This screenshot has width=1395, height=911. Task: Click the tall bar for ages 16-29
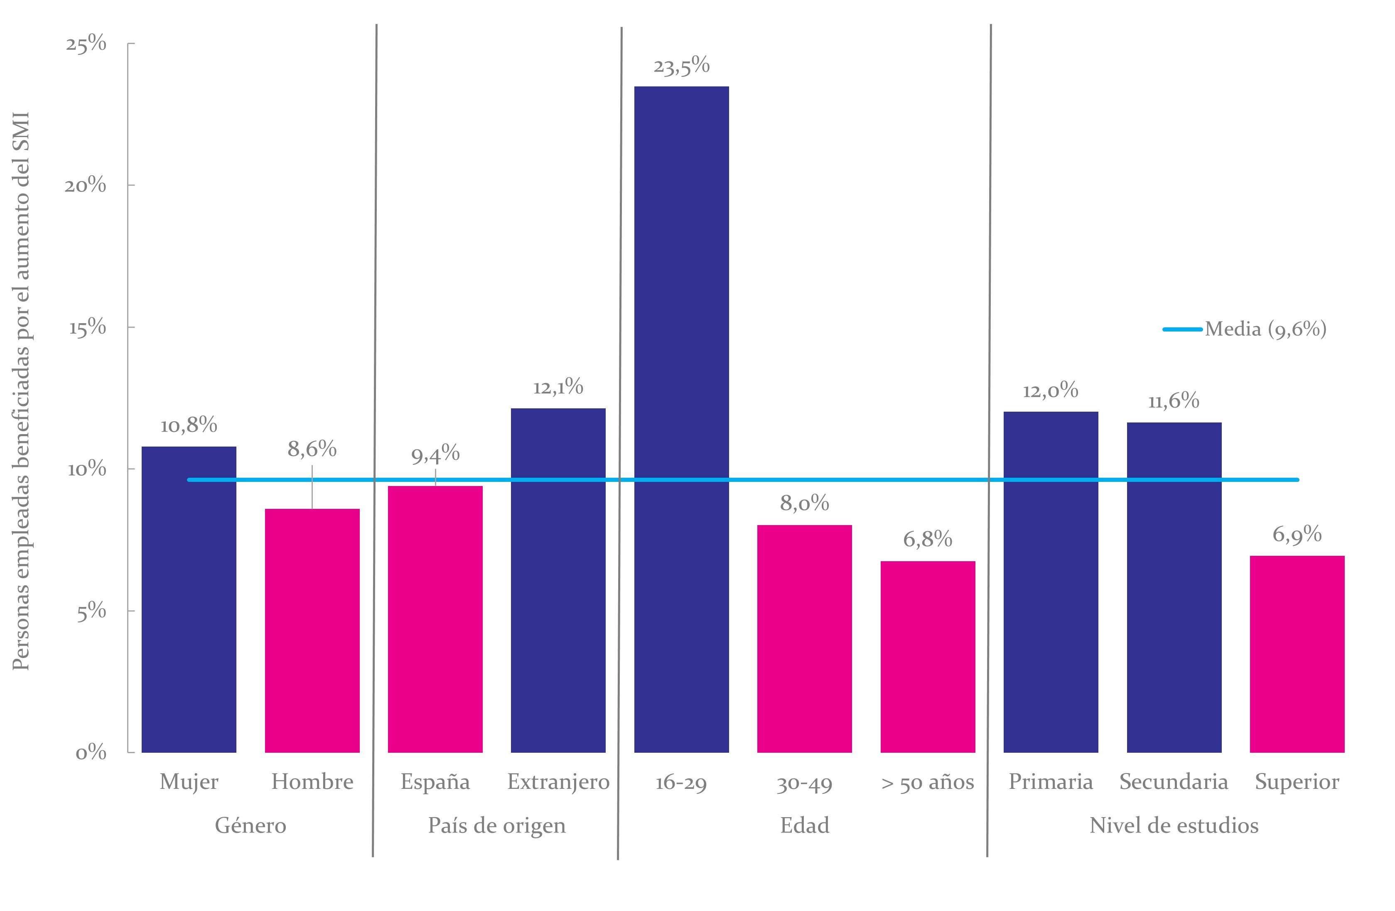point(682,419)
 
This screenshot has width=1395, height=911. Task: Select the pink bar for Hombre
point(312,631)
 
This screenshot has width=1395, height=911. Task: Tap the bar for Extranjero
point(558,580)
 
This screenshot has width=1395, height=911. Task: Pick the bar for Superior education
point(1297,654)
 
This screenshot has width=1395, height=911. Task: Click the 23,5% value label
point(682,66)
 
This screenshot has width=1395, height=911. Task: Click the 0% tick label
point(91,753)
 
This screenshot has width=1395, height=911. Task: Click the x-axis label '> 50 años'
point(928,783)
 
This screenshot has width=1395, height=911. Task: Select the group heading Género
point(251,825)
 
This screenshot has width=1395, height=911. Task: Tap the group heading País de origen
point(497,826)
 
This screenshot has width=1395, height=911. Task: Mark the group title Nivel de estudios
point(1174,825)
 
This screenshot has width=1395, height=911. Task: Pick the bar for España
point(435,619)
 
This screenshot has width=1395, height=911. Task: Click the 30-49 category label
point(805,783)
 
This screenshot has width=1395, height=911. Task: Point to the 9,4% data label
point(435,454)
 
